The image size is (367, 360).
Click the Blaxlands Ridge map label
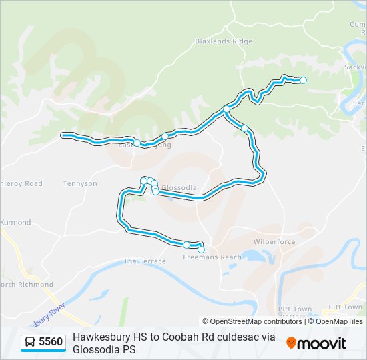[224, 41]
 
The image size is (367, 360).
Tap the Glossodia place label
[179, 188]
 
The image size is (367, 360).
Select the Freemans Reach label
[212, 257]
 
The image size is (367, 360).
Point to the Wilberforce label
[274, 242]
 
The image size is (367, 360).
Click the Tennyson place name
[79, 183]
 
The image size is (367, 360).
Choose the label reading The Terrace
[145, 261]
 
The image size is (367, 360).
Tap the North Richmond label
[27, 285]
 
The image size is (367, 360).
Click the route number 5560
[51, 342]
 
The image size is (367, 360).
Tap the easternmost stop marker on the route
[303, 80]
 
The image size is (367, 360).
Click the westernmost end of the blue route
[64, 135]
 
